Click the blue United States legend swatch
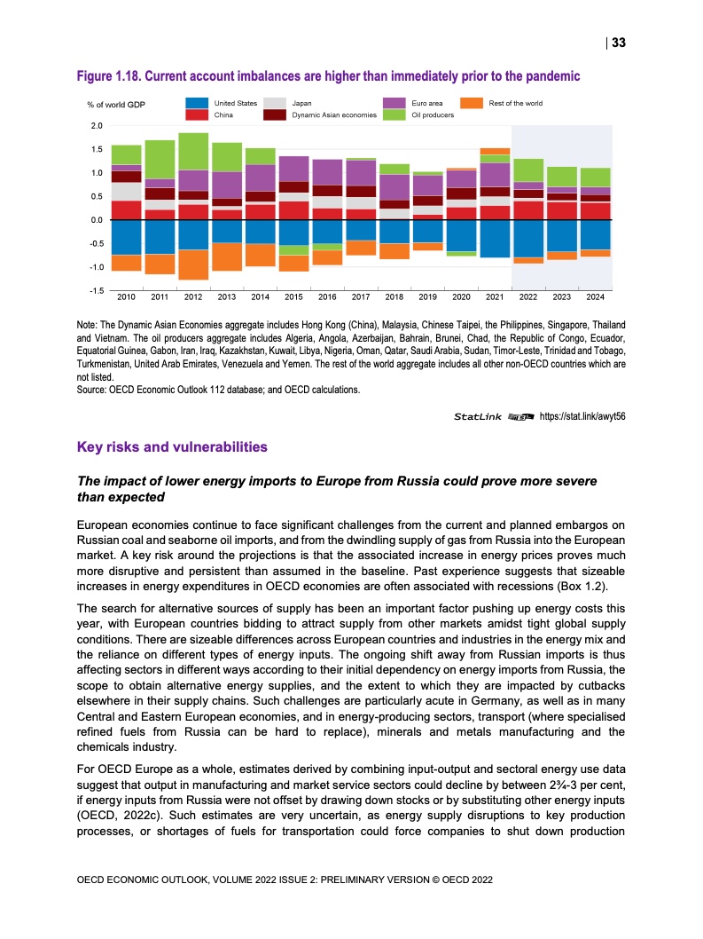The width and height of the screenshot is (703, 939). click(198, 104)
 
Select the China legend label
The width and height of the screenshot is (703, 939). click(223, 115)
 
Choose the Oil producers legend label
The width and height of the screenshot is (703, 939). click(433, 115)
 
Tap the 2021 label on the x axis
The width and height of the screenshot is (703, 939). click(495, 296)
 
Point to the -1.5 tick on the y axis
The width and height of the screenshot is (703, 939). click(95, 290)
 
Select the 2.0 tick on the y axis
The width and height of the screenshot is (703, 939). click(96, 125)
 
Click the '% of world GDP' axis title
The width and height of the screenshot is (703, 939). click(116, 105)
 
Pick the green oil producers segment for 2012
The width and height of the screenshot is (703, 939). click(192, 151)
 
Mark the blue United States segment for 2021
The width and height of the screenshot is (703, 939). click(495, 238)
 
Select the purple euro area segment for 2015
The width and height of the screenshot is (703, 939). click(293, 169)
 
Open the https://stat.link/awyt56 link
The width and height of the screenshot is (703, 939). click(583, 415)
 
